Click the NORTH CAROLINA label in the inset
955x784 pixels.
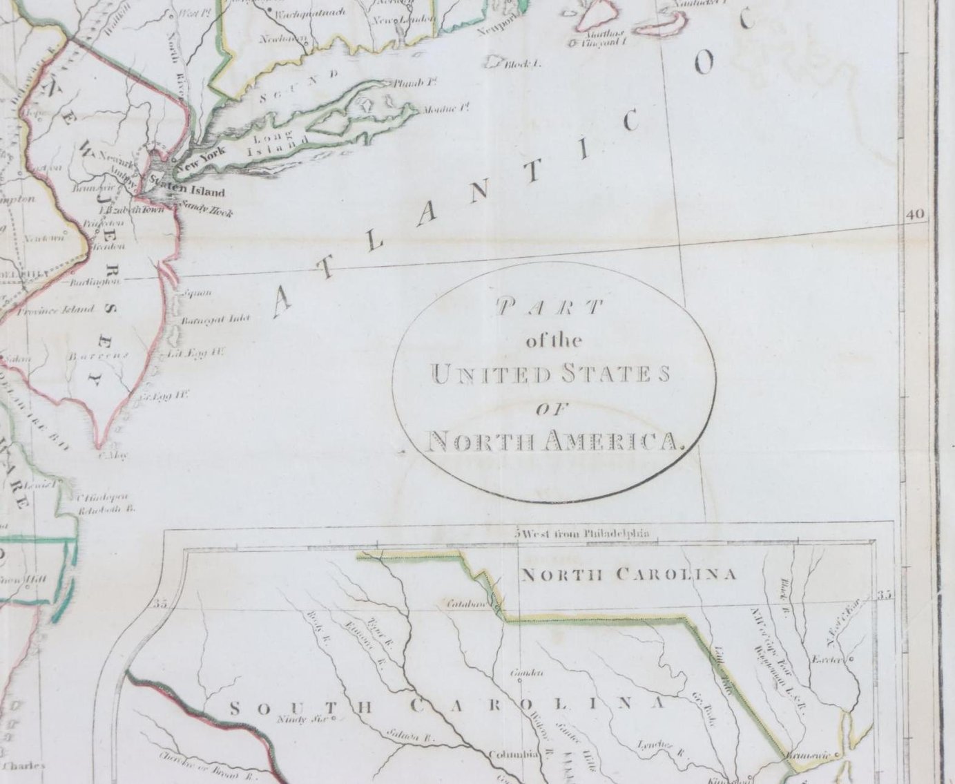[628, 574]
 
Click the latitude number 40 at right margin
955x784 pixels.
[915, 215]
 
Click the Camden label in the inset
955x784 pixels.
[526, 672]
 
